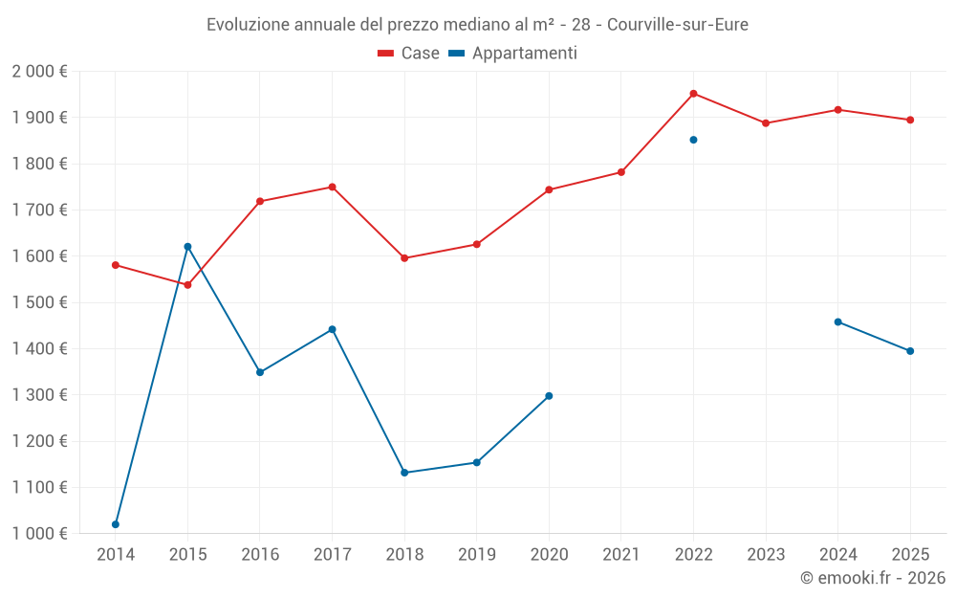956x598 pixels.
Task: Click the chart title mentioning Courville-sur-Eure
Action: tap(477, 24)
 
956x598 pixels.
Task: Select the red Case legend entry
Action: tap(408, 54)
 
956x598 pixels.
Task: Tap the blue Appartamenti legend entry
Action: tap(525, 54)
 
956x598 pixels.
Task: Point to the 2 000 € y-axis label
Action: tap(39, 72)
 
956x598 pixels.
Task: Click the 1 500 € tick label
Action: tap(39, 302)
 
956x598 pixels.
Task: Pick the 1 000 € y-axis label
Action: tap(39, 534)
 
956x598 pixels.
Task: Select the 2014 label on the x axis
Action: tap(116, 554)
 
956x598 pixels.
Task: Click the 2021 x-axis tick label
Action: tap(621, 554)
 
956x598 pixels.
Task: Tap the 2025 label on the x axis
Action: tap(910, 554)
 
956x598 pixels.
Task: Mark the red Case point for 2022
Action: tap(693, 94)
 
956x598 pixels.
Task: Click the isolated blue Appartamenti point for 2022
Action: tap(693, 140)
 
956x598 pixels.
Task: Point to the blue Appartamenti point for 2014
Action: tap(116, 524)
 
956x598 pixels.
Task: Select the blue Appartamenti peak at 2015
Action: tap(187, 247)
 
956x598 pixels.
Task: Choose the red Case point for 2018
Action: tap(404, 258)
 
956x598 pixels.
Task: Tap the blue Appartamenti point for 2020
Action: tap(549, 396)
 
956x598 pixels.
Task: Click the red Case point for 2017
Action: tap(332, 187)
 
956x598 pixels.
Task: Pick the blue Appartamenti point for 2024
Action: tap(837, 321)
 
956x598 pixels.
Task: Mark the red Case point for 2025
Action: tap(910, 120)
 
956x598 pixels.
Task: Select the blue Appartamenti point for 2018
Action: tap(404, 473)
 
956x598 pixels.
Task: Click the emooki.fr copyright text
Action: tap(872, 578)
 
